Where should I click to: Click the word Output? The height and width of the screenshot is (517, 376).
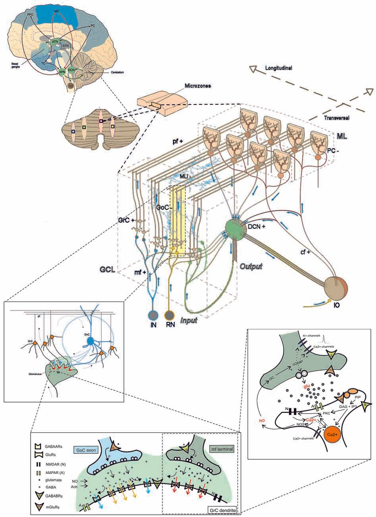[251, 266]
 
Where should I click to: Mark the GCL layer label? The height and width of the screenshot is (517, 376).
[108, 270]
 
